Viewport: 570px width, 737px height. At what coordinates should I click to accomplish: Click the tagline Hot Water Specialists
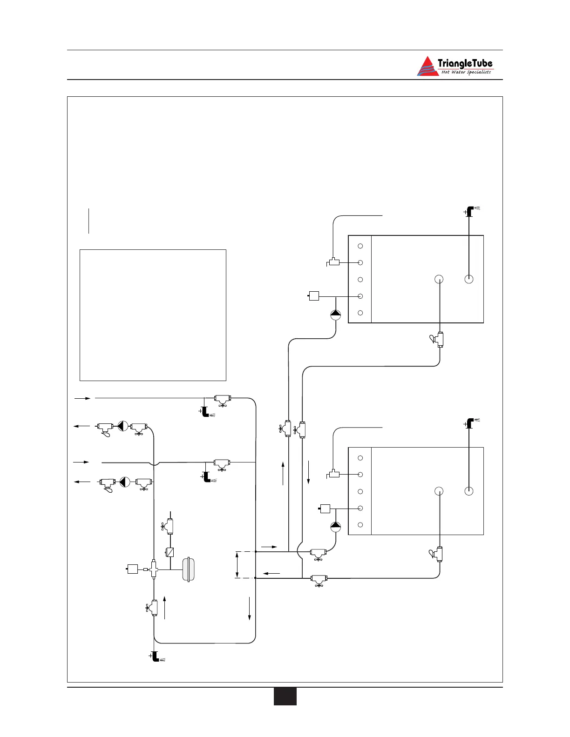tap(466, 72)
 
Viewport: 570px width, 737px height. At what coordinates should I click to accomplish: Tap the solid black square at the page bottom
tap(285, 696)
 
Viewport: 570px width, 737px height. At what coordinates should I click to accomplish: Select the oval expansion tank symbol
tap(189, 569)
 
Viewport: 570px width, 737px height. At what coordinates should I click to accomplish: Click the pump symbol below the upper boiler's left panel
tap(336, 315)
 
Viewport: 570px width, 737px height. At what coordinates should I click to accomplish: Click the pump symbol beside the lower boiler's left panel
tap(336, 527)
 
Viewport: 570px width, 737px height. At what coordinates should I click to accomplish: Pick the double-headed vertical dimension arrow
tap(237, 565)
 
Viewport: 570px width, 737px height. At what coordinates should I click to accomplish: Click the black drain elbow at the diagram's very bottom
tap(156, 657)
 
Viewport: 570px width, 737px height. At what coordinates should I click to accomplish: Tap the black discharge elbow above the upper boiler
tap(470, 211)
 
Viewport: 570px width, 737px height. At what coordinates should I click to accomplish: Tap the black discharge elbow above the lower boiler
tap(470, 423)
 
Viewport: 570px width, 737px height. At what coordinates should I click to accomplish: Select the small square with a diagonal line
tap(170, 552)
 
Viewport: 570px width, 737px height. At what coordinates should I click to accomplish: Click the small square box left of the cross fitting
tap(133, 569)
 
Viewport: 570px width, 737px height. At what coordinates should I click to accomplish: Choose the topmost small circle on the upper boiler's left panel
tap(360, 246)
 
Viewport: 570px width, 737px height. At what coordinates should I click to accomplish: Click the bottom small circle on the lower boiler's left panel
tap(360, 525)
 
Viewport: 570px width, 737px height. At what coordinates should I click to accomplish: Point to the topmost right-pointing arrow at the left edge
tap(82, 398)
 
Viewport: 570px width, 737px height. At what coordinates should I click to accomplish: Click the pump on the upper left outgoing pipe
tap(122, 426)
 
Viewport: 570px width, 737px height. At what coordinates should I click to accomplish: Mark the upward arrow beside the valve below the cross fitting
tap(165, 607)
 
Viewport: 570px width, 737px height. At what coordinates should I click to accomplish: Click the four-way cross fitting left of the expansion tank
tap(154, 569)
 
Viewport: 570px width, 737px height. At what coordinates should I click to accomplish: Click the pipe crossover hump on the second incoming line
tap(154, 463)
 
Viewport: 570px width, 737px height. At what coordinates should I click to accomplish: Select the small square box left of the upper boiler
tap(314, 295)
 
